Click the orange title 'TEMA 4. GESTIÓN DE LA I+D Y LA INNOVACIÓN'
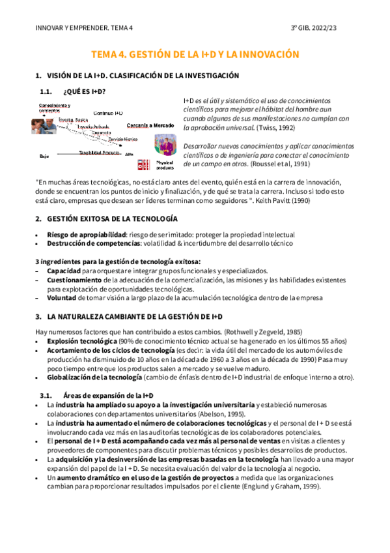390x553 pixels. [195, 55]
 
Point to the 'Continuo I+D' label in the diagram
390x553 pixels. [108, 113]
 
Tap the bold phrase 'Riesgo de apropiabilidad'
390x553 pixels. [85, 234]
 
